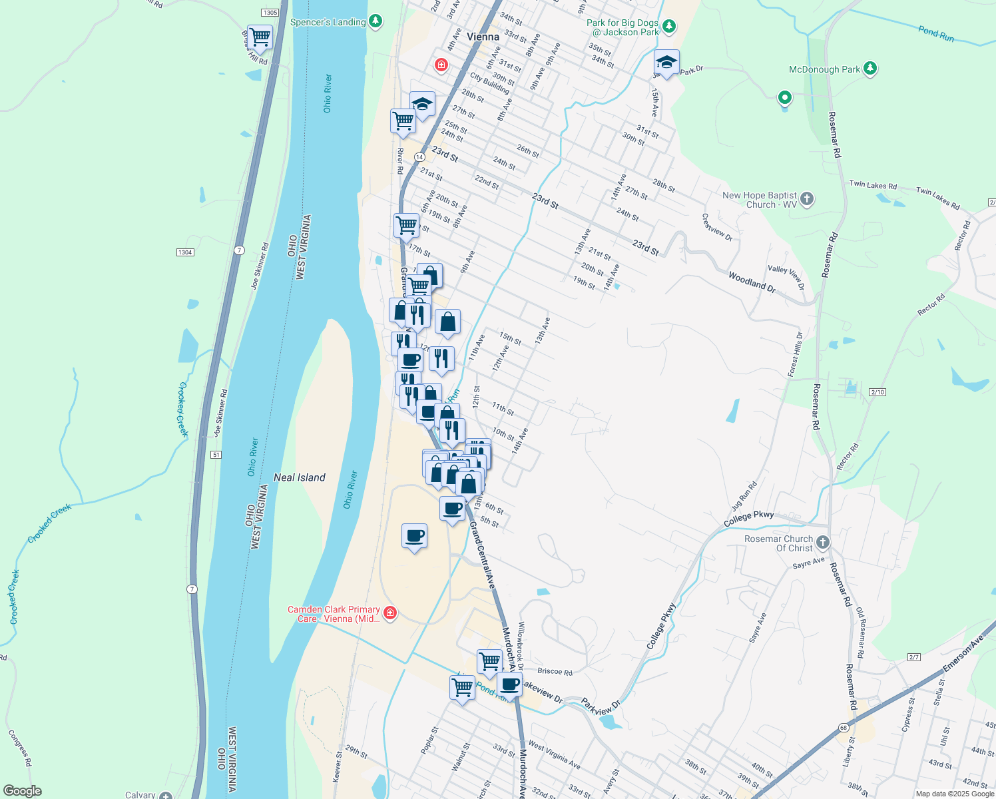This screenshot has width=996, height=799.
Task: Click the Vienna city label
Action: [483, 37]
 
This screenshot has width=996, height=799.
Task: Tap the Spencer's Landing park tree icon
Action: [376, 22]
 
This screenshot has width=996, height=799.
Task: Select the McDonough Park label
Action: [824, 69]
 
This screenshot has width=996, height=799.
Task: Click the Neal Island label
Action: [300, 477]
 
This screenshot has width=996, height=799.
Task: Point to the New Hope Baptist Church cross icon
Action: [807, 198]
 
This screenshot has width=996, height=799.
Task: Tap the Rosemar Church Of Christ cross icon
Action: [823, 543]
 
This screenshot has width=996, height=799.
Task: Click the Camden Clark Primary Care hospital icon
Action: [390, 613]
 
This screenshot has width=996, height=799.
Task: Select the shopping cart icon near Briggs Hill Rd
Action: [260, 37]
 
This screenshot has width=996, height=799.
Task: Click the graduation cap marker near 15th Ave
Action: [666, 63]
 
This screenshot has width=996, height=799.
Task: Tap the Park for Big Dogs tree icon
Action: [669, 27]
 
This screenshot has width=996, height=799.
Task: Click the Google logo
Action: [22, 791]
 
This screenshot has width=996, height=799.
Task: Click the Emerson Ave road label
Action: [963, 655]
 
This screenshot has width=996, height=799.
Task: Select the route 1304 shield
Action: [185, 252]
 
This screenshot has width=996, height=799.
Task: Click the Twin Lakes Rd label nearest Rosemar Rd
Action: [873, 186]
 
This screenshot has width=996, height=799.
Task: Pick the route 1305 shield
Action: [270, 13]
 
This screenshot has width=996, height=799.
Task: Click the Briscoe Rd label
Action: [555, 672]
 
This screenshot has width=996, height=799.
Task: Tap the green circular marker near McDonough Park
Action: [785, 98]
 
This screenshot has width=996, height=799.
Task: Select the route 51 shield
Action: [216, 455]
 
